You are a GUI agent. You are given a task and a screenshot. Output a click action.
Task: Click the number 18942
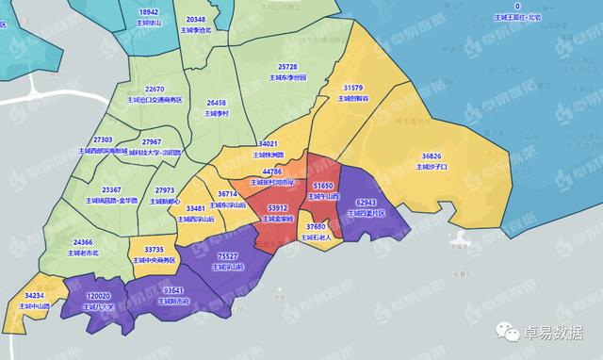[149, 11]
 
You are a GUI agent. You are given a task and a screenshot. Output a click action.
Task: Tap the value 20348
[196, 20]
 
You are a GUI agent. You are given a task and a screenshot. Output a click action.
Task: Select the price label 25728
[287, 67]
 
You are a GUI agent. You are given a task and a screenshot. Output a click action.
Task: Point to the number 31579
[352, 88]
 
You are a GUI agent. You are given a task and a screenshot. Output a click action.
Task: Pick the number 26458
[217, 102]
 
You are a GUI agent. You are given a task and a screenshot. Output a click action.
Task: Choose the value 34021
[269, 143]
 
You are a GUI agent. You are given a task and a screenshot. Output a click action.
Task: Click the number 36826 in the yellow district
[432, 155]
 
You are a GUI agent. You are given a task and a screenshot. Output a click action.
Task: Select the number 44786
[272, 172]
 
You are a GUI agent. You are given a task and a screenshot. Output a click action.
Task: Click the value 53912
[278, 206]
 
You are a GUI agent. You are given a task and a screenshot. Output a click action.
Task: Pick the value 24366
[83, 242]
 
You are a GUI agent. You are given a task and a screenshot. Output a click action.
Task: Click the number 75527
[227, 255]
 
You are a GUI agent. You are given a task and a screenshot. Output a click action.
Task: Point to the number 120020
[99, 295]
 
